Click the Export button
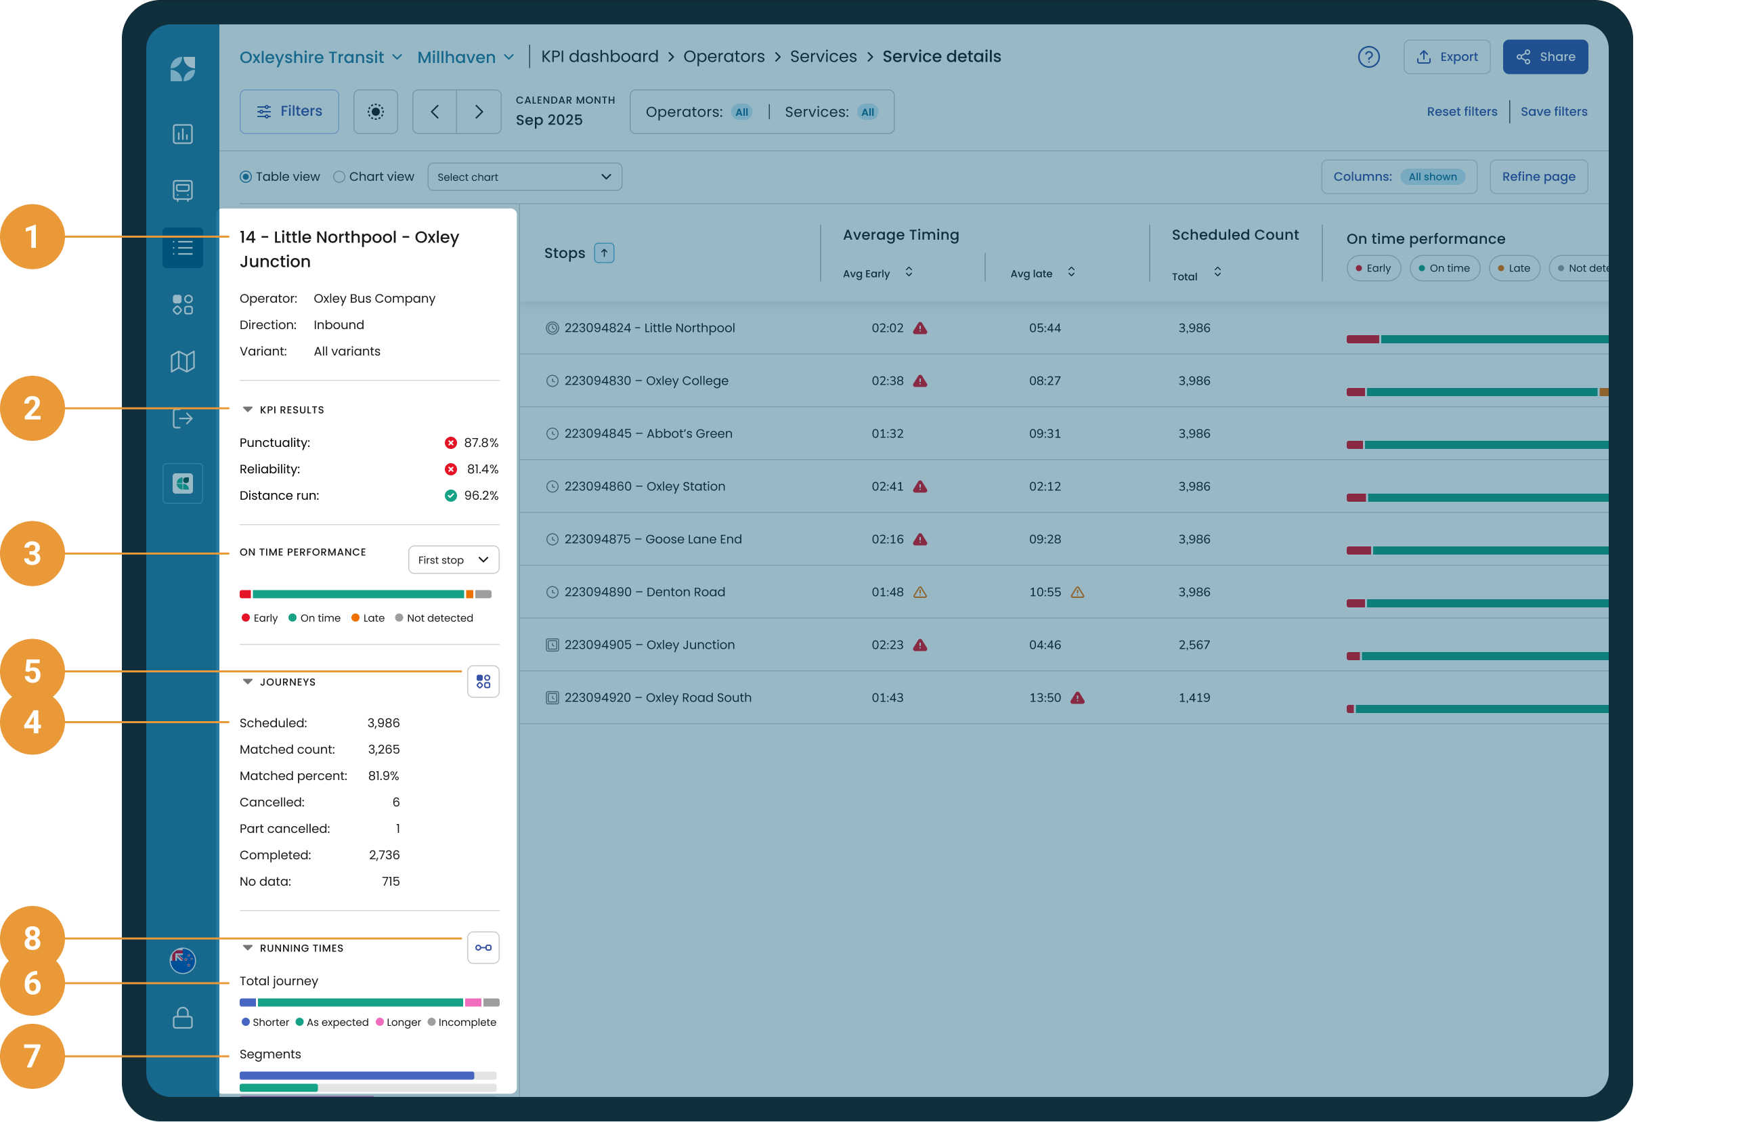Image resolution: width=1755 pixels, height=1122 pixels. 1447,57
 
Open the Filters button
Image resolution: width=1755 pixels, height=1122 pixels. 289,112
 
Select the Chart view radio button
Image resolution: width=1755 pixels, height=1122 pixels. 339,177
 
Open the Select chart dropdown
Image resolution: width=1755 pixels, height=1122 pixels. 525,177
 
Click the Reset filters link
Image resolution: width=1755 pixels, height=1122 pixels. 1462,112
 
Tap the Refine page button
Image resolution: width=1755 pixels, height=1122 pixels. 1538,177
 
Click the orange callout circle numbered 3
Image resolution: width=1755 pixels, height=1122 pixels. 32,554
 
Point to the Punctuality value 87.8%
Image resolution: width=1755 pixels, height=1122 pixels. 481,444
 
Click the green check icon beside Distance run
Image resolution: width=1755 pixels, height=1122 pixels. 451,496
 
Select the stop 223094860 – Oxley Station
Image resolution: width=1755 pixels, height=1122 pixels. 645,486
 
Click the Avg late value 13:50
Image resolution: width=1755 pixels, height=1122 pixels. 1044,697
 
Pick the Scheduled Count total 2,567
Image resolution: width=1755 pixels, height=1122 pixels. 1194,645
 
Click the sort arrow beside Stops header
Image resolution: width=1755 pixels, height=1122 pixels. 604,253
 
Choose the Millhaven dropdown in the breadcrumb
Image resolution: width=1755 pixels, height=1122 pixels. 466,57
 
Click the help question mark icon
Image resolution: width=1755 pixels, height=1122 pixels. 1369,57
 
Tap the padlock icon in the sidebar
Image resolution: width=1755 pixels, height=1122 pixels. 183,1018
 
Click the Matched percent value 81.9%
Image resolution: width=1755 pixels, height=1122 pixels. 383,777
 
